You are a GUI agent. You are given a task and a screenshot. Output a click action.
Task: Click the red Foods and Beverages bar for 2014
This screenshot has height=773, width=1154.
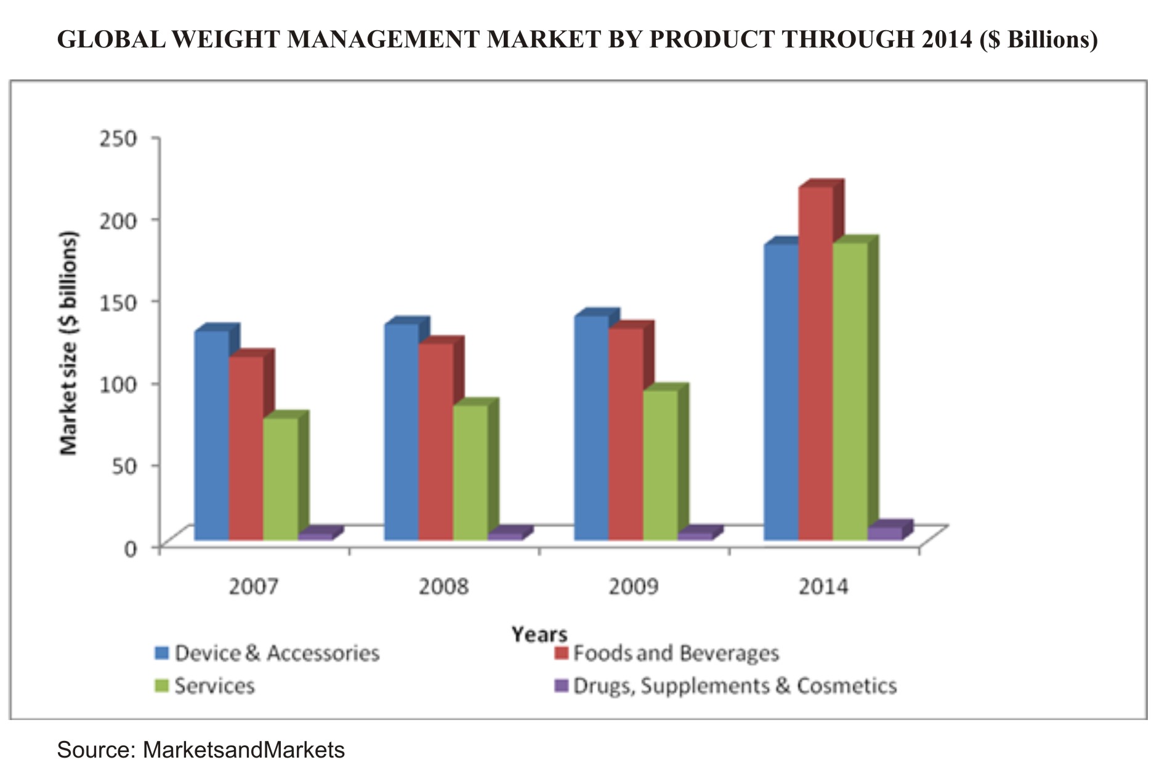(x=815, y=363)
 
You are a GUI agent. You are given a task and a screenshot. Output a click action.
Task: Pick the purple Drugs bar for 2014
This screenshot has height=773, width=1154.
(x=885, y=533)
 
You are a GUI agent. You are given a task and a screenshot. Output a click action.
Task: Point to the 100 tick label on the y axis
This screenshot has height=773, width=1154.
(x=117, y=384)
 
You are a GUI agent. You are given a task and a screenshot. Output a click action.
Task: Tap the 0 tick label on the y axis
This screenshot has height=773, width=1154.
(x=130, y=548)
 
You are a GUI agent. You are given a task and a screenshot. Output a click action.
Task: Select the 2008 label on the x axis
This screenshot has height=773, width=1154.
(x=443, y=586)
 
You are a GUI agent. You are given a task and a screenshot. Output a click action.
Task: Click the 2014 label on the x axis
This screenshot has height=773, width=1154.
(x=823, y=586)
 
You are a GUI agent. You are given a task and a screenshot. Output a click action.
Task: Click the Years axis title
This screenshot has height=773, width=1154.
(x=539, y=634)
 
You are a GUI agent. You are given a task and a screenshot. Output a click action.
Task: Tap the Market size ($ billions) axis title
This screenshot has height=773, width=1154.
(x=69, y=343)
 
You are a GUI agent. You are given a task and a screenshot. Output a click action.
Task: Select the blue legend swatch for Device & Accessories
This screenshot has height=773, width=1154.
(x=162, y=653)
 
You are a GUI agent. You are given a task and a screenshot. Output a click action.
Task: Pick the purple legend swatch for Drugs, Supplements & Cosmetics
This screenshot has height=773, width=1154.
(x=561, y=686)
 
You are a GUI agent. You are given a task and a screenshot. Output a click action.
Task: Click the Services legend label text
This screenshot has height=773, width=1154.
(x=214, y=686)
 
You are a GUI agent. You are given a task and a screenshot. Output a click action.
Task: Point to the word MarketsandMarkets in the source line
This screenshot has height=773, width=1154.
(x=243, y=750)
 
